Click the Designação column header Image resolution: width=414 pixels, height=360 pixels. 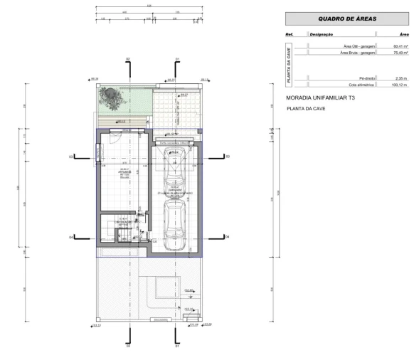click(321, 34)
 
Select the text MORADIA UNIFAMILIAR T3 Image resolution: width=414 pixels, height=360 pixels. click(320, 97)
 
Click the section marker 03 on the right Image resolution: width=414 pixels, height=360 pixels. click(228, 156)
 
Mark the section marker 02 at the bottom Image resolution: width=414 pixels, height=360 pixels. click(128, 347)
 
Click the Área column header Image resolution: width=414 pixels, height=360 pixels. click(403, 34)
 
